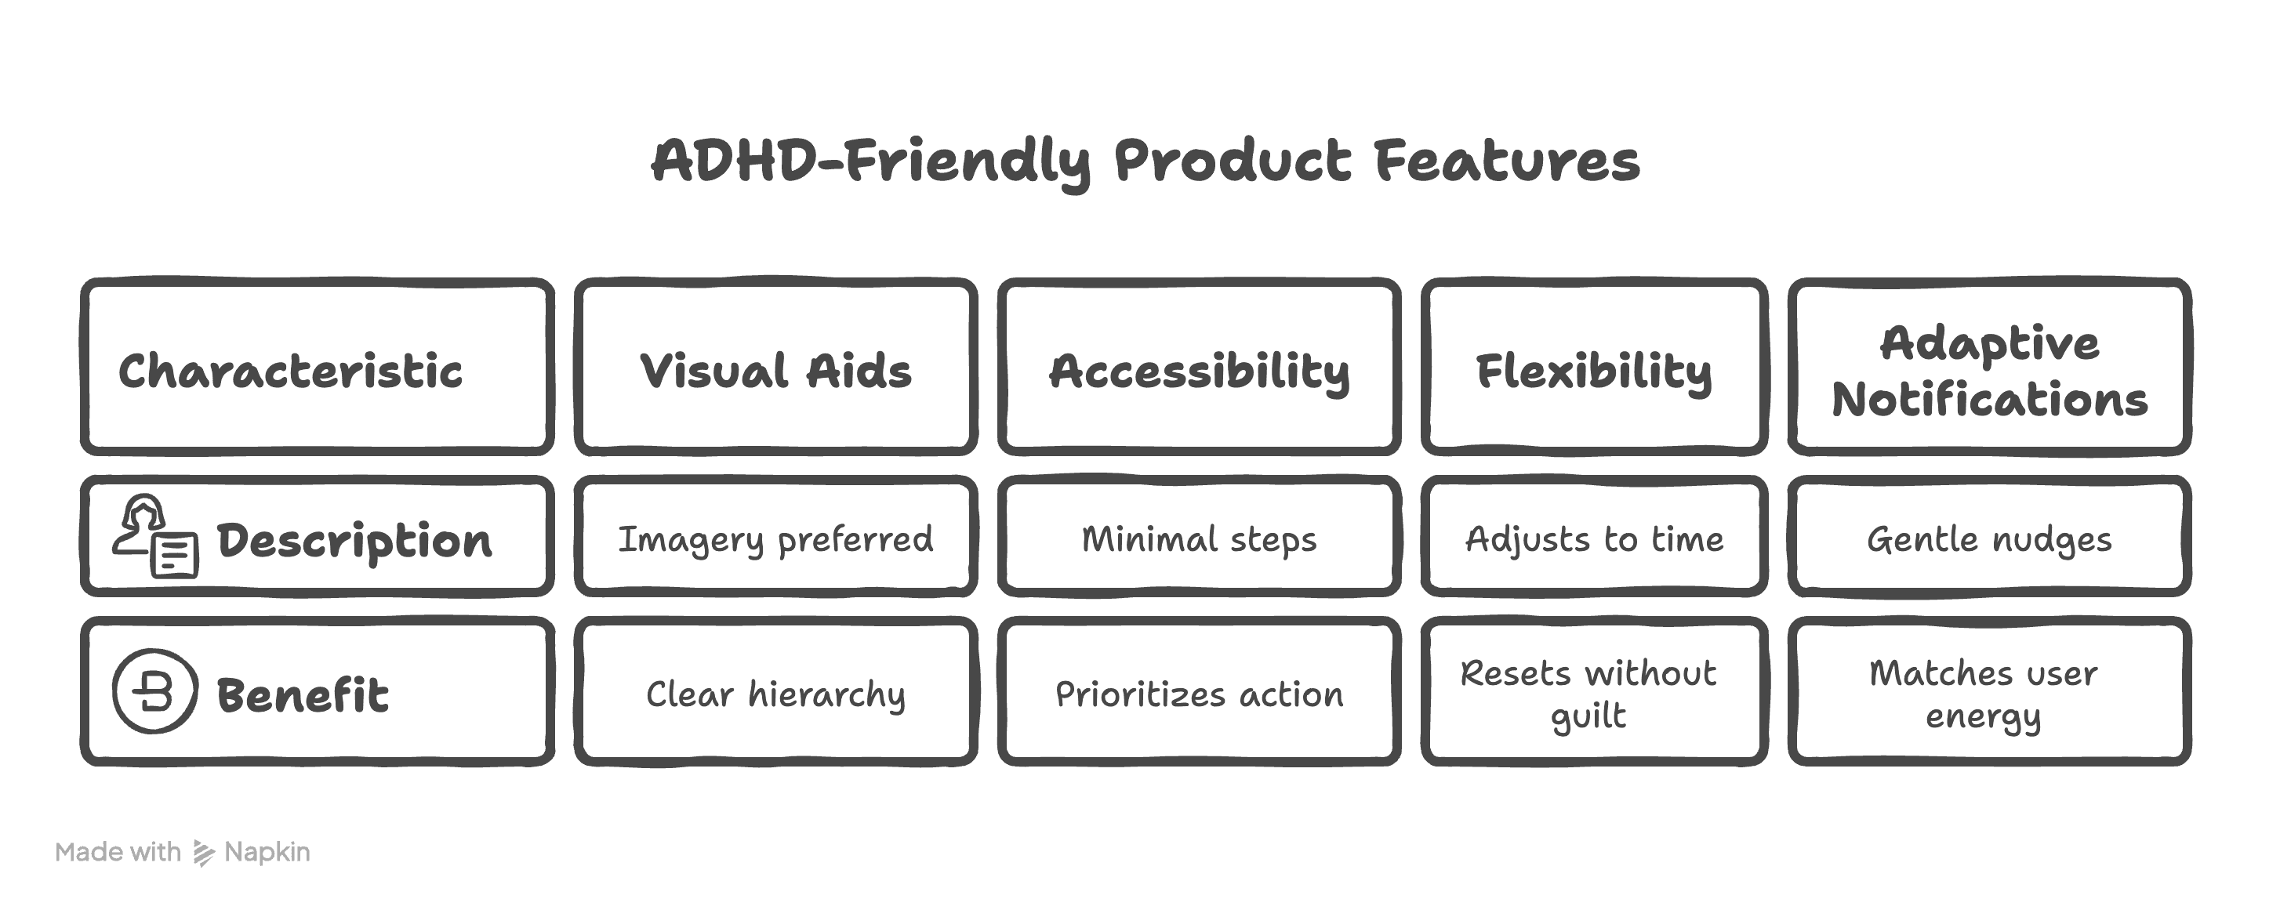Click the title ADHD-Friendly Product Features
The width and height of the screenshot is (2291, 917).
click(1145, 162)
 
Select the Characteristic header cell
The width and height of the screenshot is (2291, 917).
click(290, 370)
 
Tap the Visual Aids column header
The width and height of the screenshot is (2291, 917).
click(775, 370)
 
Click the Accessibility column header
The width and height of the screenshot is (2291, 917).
click(1199, 370)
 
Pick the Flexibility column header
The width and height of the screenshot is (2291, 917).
click(1594, 370)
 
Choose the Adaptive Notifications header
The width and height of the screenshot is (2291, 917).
click(1989, 370)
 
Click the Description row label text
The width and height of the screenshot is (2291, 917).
click(354, 540)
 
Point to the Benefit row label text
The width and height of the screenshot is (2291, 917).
click(303, 694)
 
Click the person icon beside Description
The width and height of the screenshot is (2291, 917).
click(154, 536)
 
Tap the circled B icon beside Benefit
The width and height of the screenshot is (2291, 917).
click(154, 691)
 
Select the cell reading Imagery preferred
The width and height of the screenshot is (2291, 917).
click(775, 539)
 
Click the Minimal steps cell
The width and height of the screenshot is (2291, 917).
click(1199, 539)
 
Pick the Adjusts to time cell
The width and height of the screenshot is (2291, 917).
click(1594, 539)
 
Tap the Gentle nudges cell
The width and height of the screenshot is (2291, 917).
click(1989, 539)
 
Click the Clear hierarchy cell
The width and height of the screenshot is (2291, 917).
click(775, 694)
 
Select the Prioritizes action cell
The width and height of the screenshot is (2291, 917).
click(1199, 694)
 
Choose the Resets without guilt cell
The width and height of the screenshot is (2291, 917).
click(1589, 694)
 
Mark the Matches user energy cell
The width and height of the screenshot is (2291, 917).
click(1984, 694)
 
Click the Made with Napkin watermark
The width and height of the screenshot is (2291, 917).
click(183, 852)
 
